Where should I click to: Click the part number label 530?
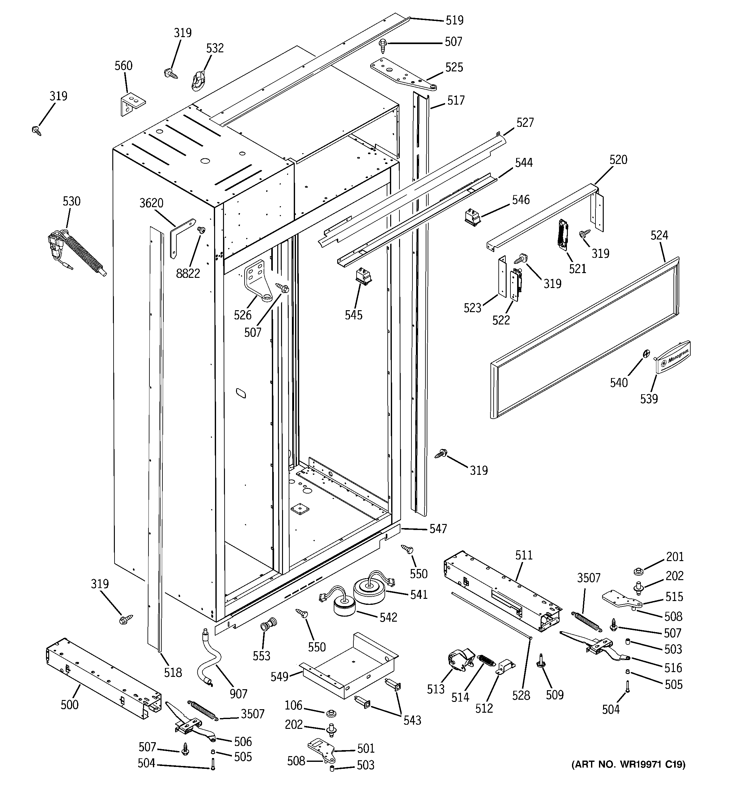tap(71, 201)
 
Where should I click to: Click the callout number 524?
tap(659, 235)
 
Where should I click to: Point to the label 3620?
tap(151, 203)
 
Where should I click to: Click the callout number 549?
tap(280, 677)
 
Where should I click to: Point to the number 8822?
tap(188, 273)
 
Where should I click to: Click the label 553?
tap(261, 656)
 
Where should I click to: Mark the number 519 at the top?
tap(454, 20)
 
